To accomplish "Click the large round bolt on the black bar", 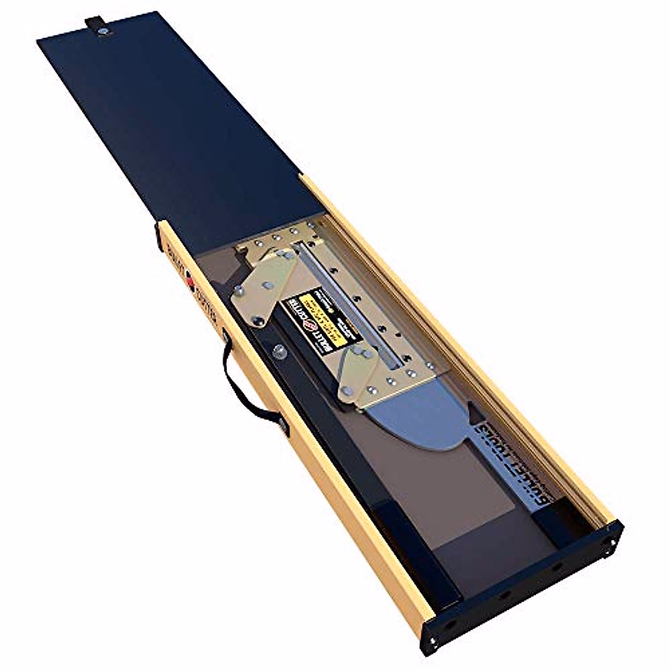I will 279,352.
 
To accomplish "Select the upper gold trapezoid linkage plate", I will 262,285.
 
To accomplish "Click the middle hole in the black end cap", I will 505,594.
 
